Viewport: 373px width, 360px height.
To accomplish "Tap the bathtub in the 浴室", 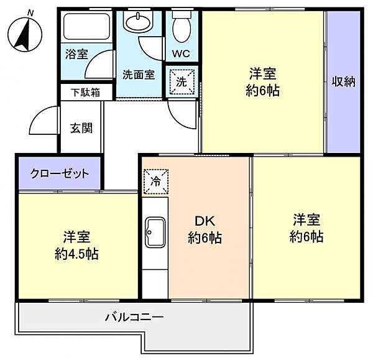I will (86, 26).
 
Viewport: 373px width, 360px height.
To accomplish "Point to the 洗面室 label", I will (138, 76).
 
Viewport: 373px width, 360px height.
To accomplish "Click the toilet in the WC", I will (182, 27).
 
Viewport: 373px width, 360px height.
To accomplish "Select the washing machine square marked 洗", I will (182, 81).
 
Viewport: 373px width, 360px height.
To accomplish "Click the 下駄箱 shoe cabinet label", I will (86, 92).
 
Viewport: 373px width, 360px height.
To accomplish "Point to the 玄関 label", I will (81, 128).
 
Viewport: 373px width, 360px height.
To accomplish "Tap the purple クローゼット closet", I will (60, 173).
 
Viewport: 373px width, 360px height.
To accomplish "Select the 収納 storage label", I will (343, 81).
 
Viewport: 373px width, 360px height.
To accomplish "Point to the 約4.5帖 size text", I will (76, 254).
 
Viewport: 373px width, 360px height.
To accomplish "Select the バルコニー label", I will (134, 317).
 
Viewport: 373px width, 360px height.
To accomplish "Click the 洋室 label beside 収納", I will (262, 73).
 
